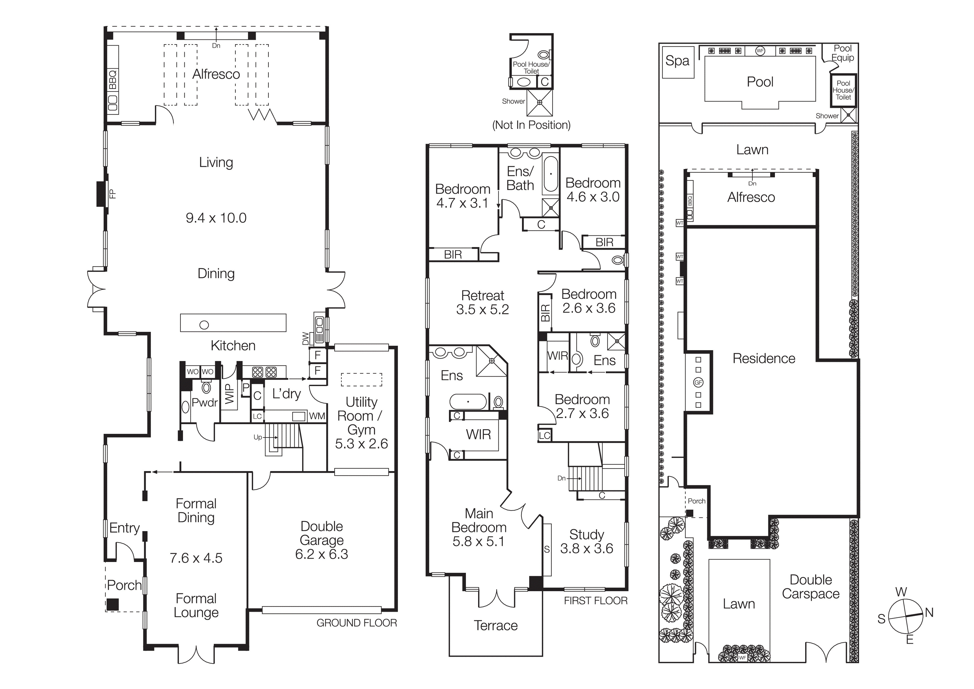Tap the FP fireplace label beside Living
(x=112, y=194)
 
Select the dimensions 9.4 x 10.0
(x=216, y=218)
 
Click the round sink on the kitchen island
(x=204, y=325)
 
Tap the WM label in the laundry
(x=317, y=416)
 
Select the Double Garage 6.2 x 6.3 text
(x=322, y=540)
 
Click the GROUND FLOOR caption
(x=356, y=623)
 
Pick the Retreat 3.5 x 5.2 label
(x=482, y=302)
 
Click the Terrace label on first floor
(x=496, y=625)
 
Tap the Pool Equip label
(x=842, y=53)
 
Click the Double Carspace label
(x=811, y=587)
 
